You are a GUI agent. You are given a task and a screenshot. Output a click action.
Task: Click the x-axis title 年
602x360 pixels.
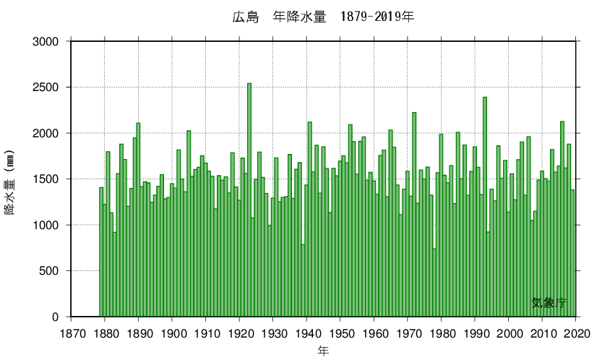(323, 351)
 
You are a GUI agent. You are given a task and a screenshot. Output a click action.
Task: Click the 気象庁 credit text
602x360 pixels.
(549, 303)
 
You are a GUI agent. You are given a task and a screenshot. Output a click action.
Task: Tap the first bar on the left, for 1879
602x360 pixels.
(101, 253)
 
